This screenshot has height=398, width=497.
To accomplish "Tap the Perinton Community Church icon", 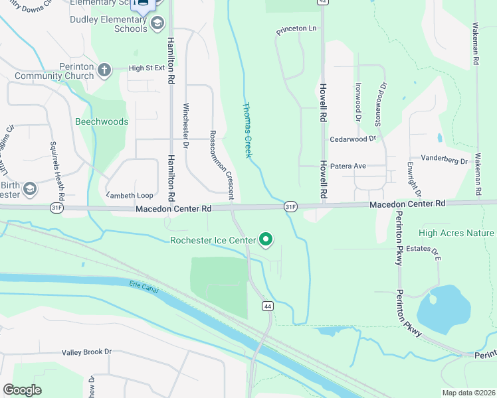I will pos(104,69).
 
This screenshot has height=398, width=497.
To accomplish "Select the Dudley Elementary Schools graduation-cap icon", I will pos(157,25).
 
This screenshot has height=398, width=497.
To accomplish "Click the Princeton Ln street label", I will pos(297,30).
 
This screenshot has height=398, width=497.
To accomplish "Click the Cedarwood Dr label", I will pos(353,139).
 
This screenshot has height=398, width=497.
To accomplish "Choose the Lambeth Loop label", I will pos(130,195).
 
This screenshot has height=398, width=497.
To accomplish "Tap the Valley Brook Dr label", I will pos(87,352).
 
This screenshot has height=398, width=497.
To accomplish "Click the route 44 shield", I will pos(267,306).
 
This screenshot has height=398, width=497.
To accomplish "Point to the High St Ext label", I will pos(146,68).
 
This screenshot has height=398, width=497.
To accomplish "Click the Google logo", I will pos(22,390).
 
